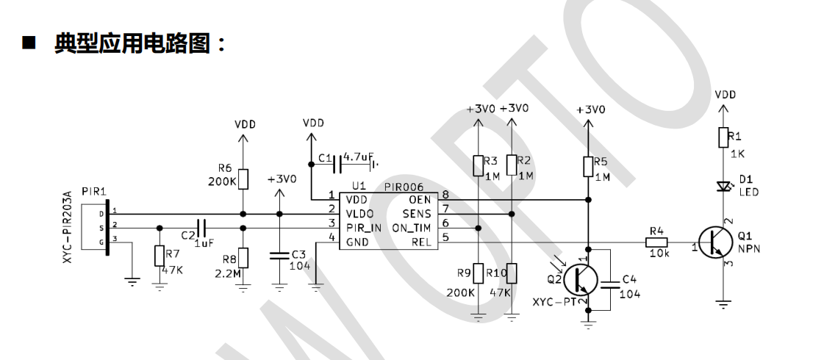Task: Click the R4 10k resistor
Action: click(x=656, y=242)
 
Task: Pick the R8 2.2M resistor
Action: click(x=245, y=258)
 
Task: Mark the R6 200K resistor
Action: click(x=245, y=179)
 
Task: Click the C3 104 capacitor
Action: click(x=279, y=255)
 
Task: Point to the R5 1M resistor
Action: click(x=587, y=167)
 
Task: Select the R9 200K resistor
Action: click(x=479, y=274)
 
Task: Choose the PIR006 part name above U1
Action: click(x=401, y=187)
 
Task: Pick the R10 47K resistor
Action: click(x=511, y=274)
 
